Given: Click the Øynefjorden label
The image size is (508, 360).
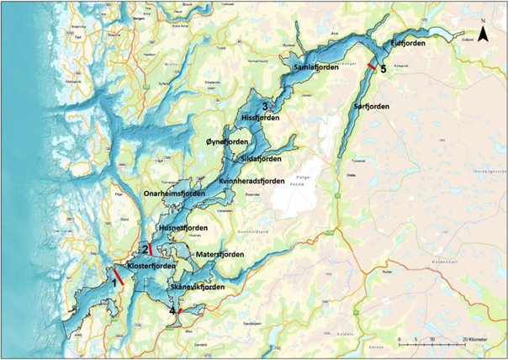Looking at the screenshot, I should pos(229,143).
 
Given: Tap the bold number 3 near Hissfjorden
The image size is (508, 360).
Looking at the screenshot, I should pos(265,106).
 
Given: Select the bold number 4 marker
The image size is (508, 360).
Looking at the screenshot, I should pos(173,311).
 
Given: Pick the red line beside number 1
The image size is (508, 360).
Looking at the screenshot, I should pos(119,276).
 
